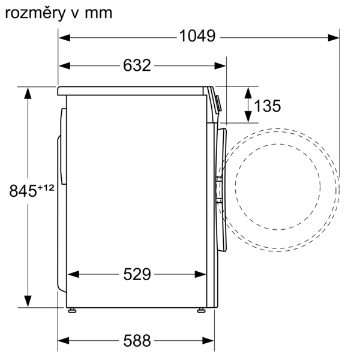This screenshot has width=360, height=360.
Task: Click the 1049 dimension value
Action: [197, 36]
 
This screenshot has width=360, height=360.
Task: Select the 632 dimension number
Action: [137, 65]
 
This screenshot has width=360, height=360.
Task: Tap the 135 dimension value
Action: [268, 106]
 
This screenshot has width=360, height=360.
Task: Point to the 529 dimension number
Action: [137, 274]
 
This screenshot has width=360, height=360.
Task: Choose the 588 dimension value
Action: [137, 340]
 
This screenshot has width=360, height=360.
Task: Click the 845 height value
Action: [23, 191]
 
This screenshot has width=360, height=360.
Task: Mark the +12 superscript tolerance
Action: [46, 188]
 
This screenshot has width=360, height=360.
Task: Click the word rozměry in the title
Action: [35, 13]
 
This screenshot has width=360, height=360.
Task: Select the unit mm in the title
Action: [98, 14]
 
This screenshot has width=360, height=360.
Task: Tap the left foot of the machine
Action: [72, 310]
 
